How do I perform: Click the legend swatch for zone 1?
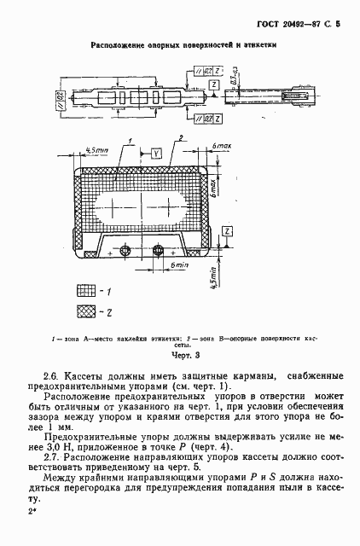point(85,290)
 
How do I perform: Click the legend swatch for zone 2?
point(85,312)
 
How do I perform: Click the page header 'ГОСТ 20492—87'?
point(280,26)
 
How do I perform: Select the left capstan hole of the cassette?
point(125,250)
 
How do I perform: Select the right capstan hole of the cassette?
point(158,250)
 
